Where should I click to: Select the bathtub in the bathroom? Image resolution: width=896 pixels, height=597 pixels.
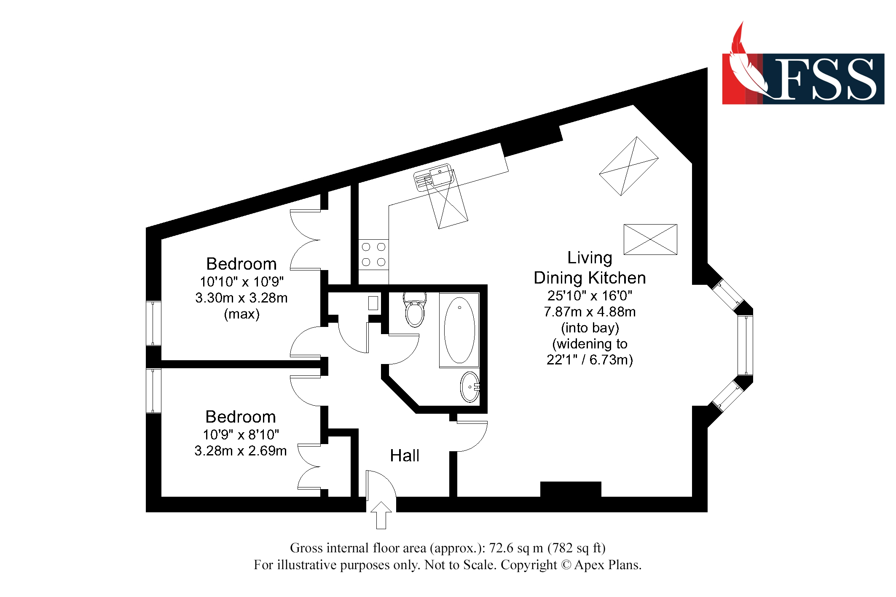(459, 330)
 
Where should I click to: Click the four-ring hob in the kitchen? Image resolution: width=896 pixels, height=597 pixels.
(373, 254)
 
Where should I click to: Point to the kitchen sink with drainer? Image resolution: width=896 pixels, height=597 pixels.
(434, 177)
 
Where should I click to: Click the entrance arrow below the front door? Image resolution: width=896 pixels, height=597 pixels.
(381, 514)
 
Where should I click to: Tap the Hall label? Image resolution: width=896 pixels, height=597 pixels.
(405, 455)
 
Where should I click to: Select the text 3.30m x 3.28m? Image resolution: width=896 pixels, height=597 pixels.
(241, 298)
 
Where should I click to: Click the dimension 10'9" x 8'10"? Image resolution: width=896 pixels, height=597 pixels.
(241, 434)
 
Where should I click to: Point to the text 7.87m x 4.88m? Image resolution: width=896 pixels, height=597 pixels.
(590, 312)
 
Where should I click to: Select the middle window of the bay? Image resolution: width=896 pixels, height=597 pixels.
(745, 345)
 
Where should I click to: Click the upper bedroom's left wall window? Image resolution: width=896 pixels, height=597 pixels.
(153, 323)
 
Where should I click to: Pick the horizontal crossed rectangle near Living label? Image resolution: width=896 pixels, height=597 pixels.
(650, 239)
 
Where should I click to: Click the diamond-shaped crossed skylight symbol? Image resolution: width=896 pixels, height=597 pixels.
(629, 166)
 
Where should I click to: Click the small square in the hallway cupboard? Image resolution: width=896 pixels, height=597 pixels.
(373, 303)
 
